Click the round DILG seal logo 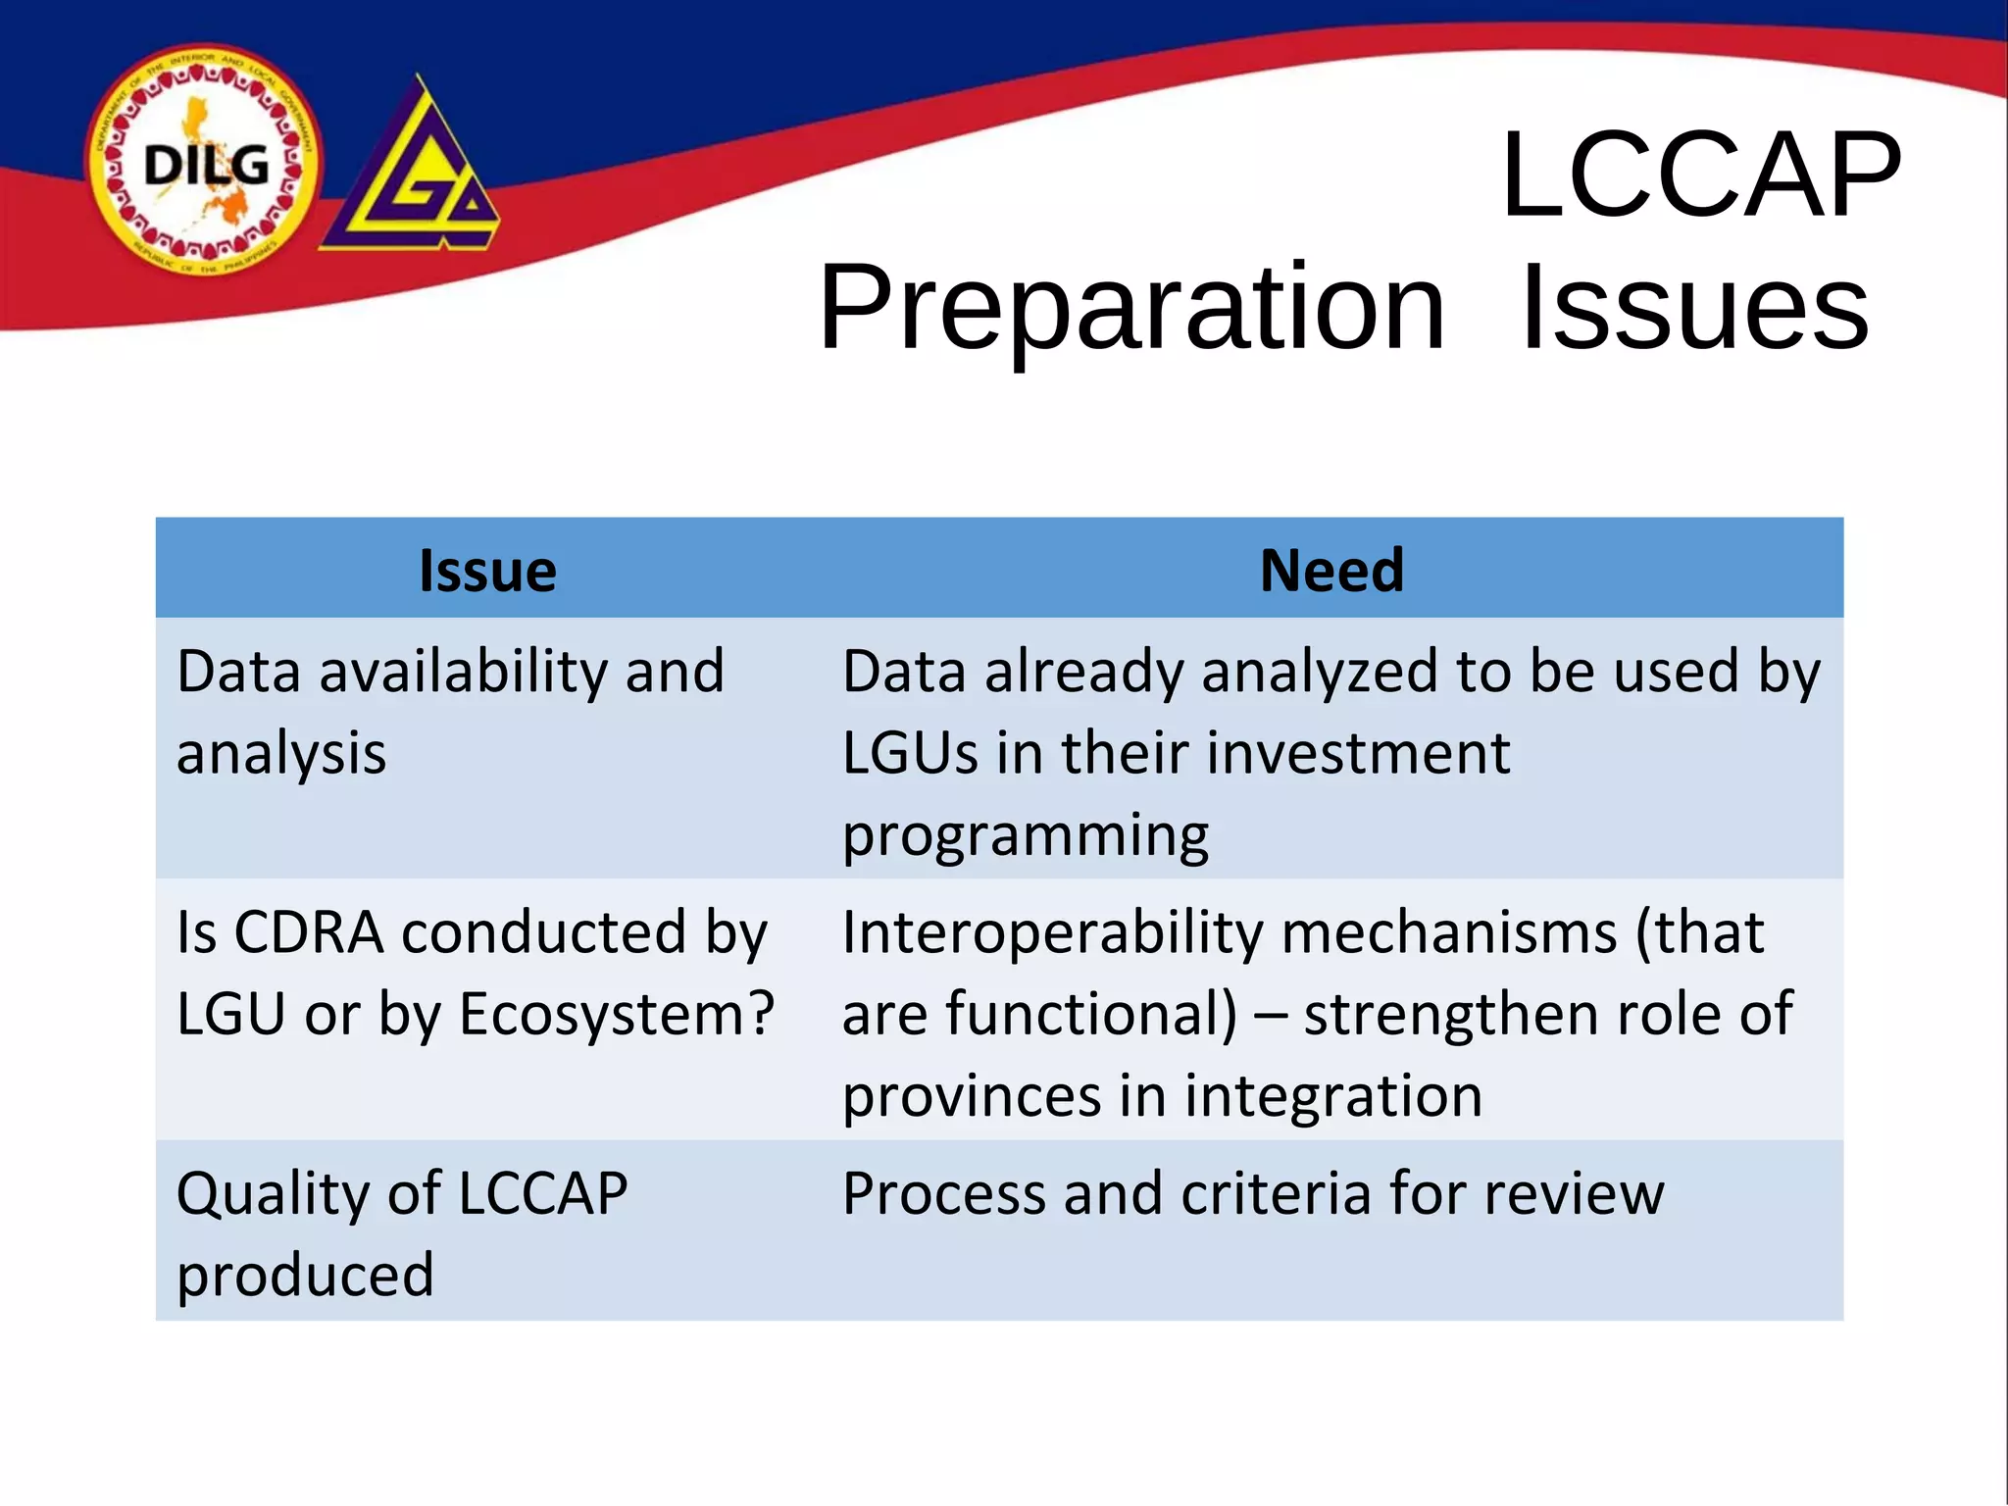pos(204,162)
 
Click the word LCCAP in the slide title pos(1699,175)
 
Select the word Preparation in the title pos(1131,308)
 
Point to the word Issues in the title pos(1694,308)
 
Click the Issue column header pos(487,571)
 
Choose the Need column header pos(1331,571)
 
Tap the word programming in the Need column pos(1026,836)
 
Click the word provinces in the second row pos(972,1096)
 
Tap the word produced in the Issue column pos(305,1276)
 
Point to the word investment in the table pos(1358,754)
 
